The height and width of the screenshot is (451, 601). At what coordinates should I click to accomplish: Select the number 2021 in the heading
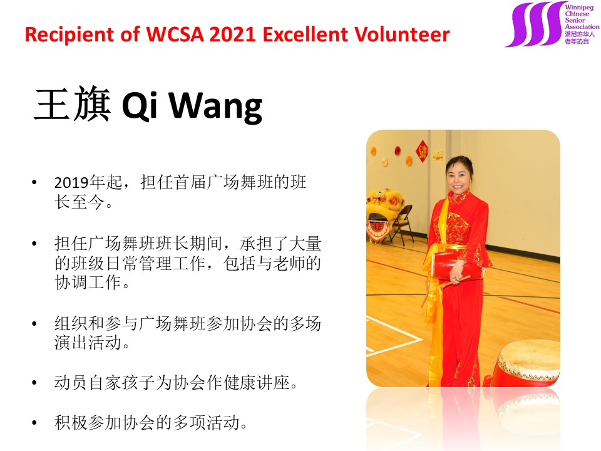233,34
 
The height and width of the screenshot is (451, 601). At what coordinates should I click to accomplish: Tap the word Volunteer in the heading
402,34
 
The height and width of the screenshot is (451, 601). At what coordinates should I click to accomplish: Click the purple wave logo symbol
535,24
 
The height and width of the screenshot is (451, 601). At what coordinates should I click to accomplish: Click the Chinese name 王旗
73,103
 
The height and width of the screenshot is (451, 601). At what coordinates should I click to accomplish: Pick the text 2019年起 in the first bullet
88,182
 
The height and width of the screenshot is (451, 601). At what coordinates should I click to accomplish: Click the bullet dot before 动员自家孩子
34,383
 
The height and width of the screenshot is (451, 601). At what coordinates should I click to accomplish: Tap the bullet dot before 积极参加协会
34,423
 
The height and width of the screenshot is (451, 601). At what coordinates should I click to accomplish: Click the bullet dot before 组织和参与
34,323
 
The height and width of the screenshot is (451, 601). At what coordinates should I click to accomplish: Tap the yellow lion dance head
381,215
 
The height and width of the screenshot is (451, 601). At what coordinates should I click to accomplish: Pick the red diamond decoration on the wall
422,151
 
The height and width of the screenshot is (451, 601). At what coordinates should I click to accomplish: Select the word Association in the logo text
582,27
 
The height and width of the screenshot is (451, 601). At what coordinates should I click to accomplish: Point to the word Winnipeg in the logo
578,7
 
